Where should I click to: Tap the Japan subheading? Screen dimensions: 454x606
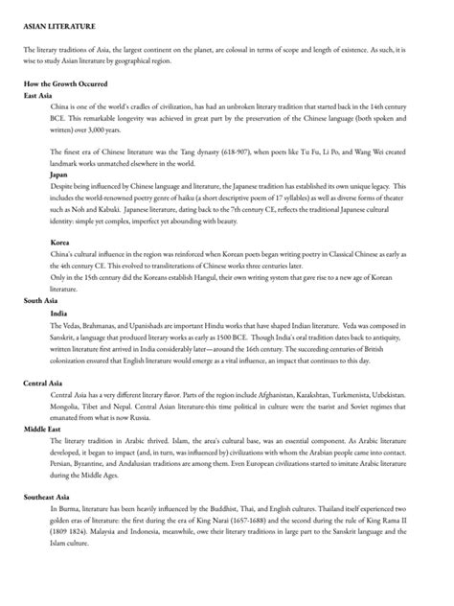pos(58,175)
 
